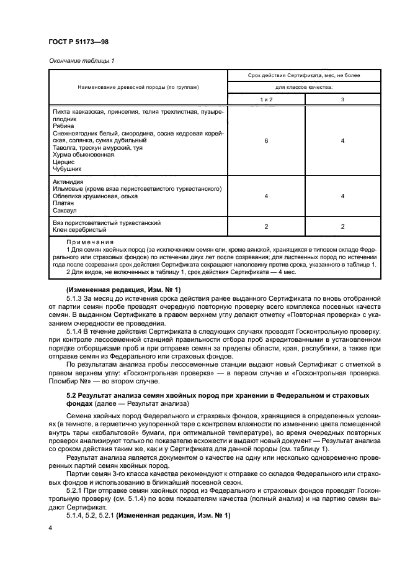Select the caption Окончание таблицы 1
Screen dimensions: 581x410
[80, 60]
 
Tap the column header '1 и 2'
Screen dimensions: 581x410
[265, 99]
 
